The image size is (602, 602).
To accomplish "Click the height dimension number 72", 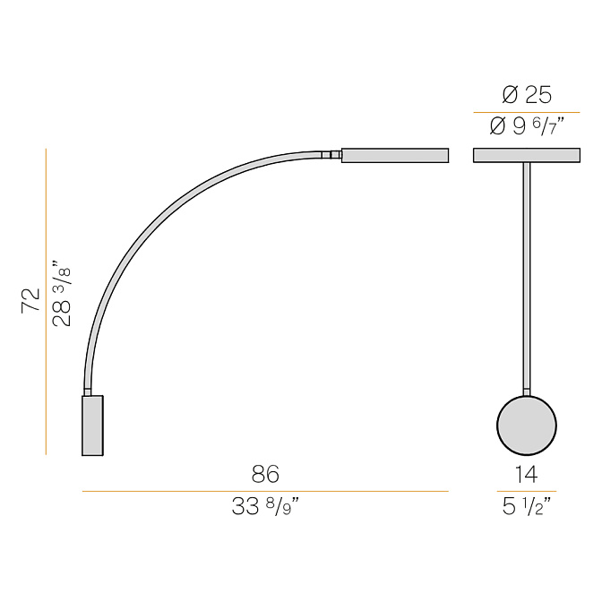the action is (30, 300).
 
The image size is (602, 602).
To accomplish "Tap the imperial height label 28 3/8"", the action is (62, 293).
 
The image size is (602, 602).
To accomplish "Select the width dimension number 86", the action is (265, 474).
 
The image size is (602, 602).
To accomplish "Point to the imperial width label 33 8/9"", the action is (265, 506).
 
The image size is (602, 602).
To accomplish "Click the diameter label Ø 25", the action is (527, 95).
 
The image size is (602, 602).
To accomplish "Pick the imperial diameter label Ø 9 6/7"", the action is (527, 126).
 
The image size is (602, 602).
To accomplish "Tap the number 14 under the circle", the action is (527, 474).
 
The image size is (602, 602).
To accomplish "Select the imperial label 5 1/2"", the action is (527, 506).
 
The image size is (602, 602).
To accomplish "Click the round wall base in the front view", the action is (527, 426).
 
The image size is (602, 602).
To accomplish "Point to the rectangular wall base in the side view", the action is (92, 426).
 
